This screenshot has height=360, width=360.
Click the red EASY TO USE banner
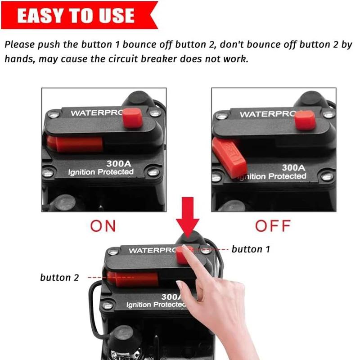[x=79, y=15]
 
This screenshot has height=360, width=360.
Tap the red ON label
[x=103, y=226]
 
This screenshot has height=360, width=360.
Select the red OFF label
[x=273, y=226]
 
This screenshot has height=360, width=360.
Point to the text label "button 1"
[x=251, y=249]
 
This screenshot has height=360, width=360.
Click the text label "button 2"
[x=59, y=278]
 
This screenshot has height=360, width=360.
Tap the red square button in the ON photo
[x=132, y=118]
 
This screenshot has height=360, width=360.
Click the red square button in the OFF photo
[x=305, y=120]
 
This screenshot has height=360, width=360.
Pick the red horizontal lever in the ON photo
[x=75, y=144]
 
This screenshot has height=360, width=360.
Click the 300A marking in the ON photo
[x=119, y=164]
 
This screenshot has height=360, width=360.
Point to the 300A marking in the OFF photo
[x=294, y=168]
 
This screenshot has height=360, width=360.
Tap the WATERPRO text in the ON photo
[x=97, y=113]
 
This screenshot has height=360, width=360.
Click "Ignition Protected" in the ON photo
[x=101, y=172]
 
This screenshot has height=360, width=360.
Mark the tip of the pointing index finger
[x=184, y=246]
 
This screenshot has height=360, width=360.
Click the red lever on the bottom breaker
[x=133, y=279]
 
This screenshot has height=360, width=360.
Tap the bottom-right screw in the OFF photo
[x=327, y=176]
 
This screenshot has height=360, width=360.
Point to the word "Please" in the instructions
[x=19, y=45]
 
